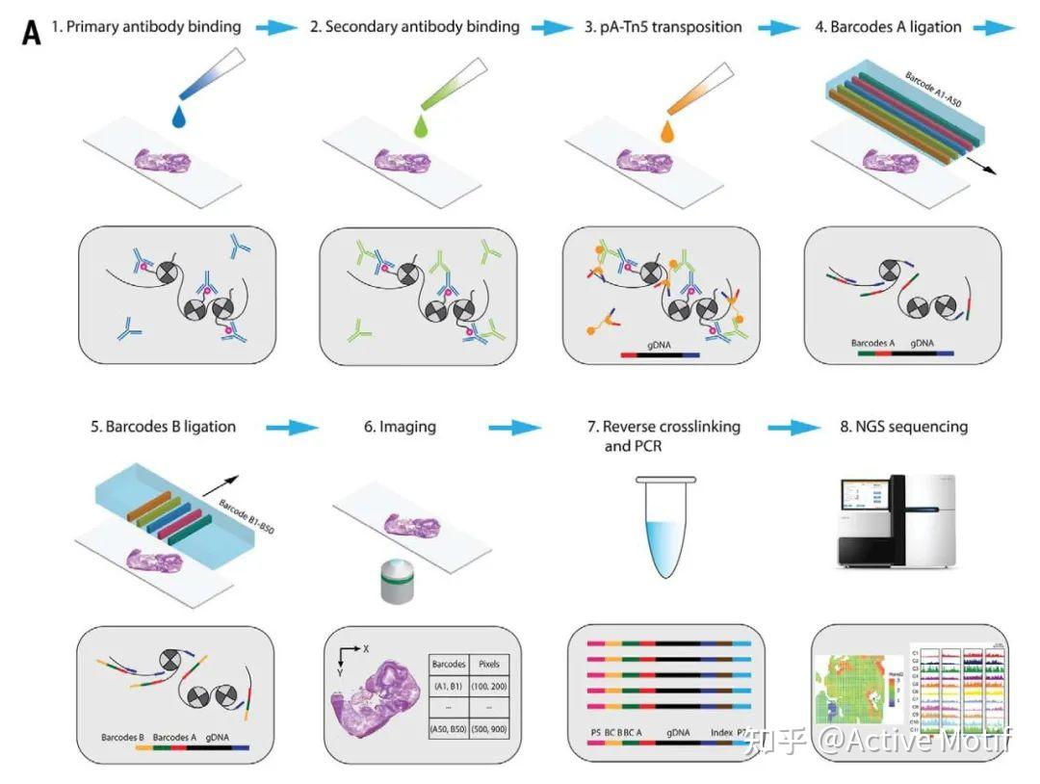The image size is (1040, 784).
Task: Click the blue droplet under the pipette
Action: click(x=181, y=118)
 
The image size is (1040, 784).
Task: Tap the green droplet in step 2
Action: click(x=421, y=124)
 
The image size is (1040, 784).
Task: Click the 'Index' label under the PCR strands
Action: click(x=721, y=733)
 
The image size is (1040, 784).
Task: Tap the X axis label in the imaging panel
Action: click(x=367, y=648)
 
